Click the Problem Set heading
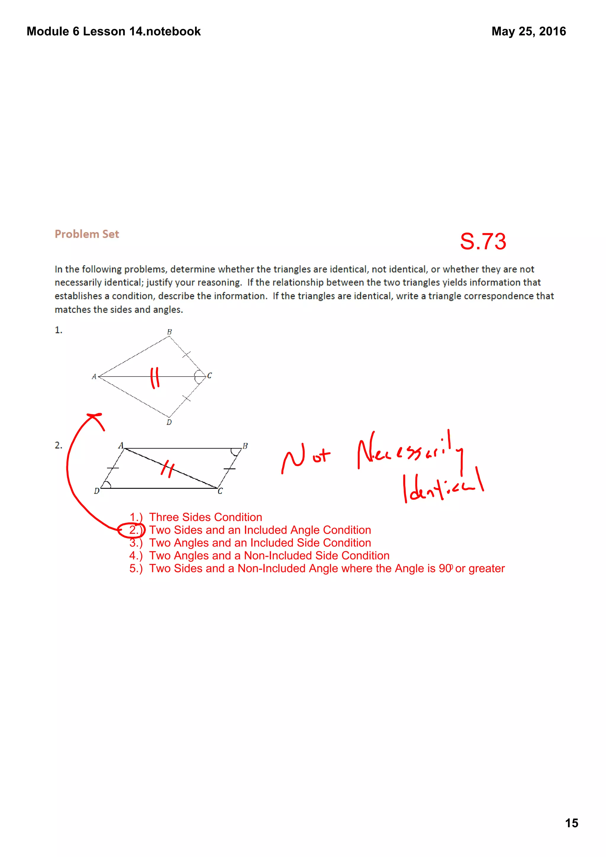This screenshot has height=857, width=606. (x=87, y=234)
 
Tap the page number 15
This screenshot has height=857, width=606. (x=571, y=823)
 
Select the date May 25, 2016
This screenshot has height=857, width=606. (x=528, y=31)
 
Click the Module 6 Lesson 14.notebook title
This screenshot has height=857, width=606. (x=114, y=31)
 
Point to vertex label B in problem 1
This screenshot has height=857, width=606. (x=169, y=332)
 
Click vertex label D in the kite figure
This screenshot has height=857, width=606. (x=169, y=422)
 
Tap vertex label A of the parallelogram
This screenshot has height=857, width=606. (x=121, y=445)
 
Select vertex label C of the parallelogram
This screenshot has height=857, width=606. (x=220, y=491)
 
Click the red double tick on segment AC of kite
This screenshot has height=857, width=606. (x=154, y=377)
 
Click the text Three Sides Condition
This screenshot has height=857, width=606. (x=205, y=517)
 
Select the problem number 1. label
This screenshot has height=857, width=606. (x=58, y=330)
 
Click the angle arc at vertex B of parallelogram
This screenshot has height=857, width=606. (x=236, y=452)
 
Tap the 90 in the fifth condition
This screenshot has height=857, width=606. (x=445, y=568)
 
